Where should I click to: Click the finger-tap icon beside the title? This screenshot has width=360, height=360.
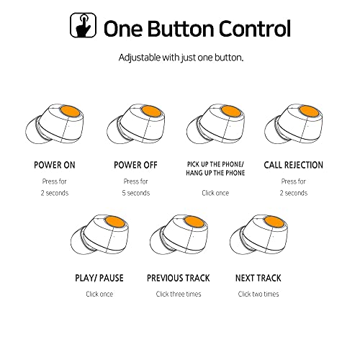click(x=83, y=25)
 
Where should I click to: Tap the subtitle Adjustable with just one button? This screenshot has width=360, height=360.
click(x=181, y=58)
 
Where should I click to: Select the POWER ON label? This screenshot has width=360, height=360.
click(x=55, y=165)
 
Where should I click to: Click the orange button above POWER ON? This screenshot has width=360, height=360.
click(x=70, y=112)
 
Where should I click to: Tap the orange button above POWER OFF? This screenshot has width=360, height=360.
click(x=151, y=112)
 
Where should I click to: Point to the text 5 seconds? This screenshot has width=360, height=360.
click(x=136, y=193)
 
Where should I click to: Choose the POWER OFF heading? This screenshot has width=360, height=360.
click(x=135, y=165)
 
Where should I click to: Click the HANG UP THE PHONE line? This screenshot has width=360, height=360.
click(x=215, y=173)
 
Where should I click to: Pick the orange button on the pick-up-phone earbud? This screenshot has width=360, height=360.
click(x=230, y=112)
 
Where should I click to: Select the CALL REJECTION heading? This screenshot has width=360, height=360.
click(x=293, y=165)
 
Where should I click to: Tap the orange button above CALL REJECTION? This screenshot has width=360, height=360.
click(x=309, y=112)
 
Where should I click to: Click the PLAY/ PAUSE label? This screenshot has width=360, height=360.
click(x=99, y=278)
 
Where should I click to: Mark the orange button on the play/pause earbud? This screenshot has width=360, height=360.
click(x=115, y=222)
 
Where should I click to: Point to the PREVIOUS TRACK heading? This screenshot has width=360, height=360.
click(x=179, y=278)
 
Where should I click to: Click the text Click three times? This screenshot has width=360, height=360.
click(x=179, y=294)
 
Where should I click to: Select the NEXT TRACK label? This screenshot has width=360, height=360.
click(x=258, y=278)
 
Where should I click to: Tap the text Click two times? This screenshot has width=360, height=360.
click(x=258, y=294)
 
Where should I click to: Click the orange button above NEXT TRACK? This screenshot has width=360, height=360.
click(x=274, y=222)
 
